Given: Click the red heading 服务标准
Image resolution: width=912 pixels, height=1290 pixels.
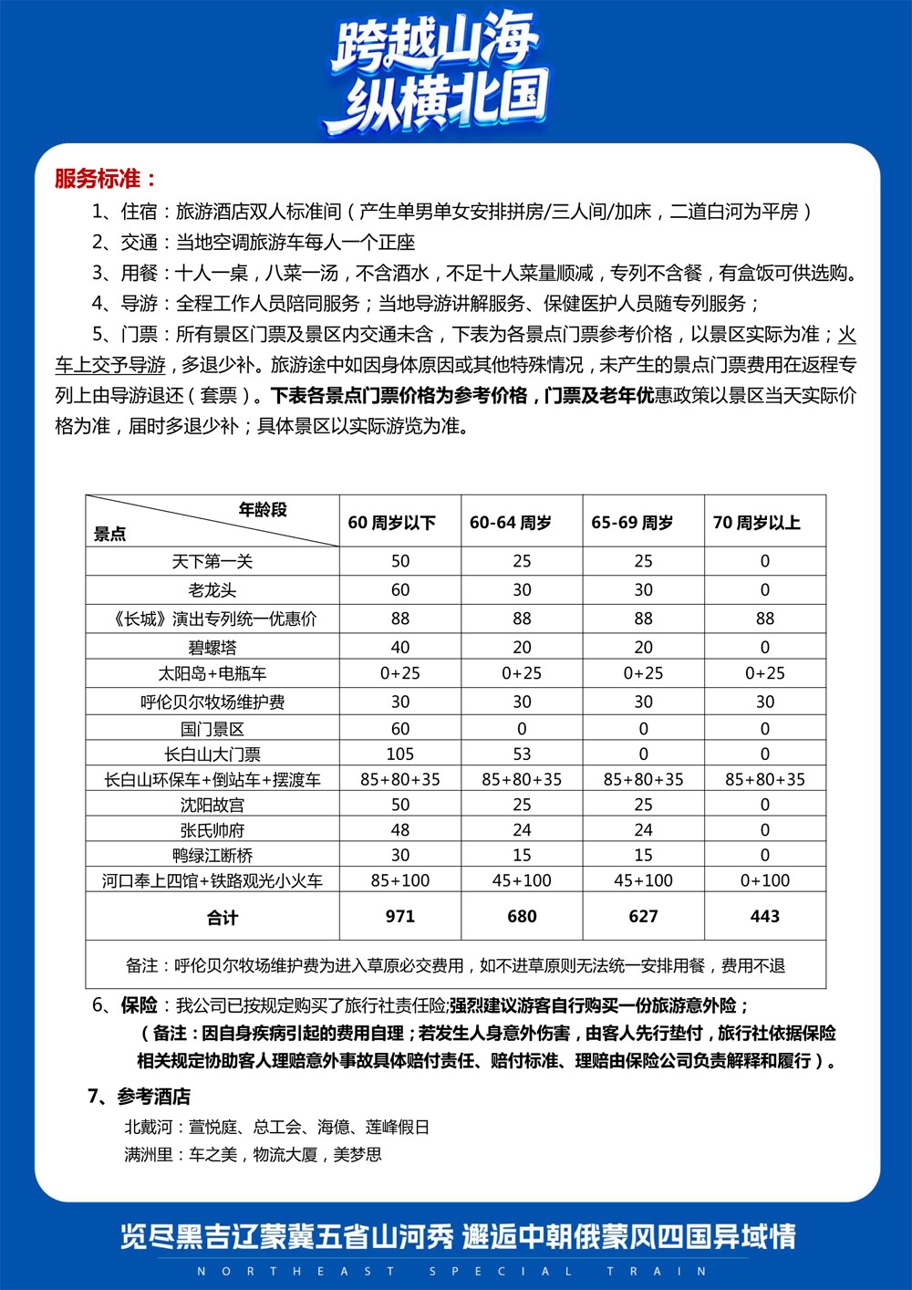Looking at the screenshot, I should click(105, 179).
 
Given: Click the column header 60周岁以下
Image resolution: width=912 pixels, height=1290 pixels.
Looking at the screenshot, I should click(391, 523).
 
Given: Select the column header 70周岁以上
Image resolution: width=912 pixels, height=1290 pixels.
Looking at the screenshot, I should click(756, 523).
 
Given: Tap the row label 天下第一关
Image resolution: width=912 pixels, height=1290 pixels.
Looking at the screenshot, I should click(212, 561).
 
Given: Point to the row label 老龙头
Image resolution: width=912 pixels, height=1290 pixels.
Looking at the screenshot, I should click(212, 590).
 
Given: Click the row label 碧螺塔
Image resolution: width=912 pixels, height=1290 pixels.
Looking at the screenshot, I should click(212, 647).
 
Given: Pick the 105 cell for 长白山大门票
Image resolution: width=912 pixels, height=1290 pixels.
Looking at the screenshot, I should click(400, 754).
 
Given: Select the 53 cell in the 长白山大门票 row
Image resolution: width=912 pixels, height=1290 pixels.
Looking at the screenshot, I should click(522, 754).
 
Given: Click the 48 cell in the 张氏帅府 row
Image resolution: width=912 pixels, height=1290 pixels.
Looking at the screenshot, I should click(400, 830).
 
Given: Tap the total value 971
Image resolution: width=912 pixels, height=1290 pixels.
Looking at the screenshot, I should click(400, 916).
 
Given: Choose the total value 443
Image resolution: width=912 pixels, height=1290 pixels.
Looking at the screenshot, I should click(764, 916).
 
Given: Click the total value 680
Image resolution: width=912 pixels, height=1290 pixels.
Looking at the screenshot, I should click(522, 916).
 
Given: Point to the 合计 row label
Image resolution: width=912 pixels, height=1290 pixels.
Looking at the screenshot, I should click(222, 918).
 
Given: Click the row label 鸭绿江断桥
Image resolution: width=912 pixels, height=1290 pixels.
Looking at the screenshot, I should click(212, 856).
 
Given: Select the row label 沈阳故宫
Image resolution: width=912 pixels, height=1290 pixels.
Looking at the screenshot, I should click(212, 805).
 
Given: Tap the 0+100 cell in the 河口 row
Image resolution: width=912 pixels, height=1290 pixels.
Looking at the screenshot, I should click(764, 880).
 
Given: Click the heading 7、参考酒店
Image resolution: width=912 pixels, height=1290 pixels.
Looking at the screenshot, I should click(139, 1096).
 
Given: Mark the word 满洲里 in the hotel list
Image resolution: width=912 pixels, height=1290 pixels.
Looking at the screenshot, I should click(149, 1154).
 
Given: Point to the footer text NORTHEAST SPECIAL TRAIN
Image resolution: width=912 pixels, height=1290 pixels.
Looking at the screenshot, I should click(452, 1271).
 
